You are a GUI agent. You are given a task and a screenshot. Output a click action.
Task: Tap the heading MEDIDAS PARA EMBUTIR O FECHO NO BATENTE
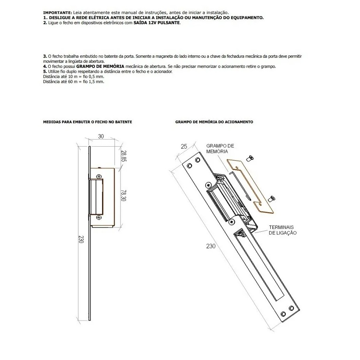(87, 122)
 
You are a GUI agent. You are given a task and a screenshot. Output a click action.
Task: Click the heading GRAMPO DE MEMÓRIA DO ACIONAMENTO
(214, 122)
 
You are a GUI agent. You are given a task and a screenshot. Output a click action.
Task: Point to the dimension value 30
(101, 137)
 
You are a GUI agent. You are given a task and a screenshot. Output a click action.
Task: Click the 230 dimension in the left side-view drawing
(81, 239)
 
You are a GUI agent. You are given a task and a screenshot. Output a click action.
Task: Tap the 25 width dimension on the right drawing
(184, 146)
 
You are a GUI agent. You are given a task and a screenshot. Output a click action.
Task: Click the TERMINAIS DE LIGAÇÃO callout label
(282, 230)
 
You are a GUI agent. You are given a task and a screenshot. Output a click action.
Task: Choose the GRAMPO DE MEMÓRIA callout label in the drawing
(220, 148)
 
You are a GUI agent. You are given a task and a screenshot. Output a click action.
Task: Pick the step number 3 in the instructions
(44, 57)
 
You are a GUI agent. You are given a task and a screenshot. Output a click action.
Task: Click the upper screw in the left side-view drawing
(99, 174)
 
